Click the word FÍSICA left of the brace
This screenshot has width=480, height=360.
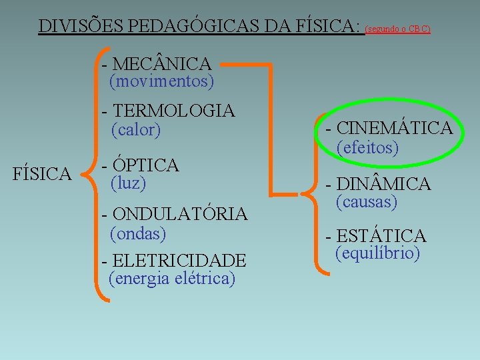click(x=43, y=175)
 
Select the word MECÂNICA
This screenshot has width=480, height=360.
click(x=163, y=64)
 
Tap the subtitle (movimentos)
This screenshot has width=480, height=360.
click(x=162, y=81)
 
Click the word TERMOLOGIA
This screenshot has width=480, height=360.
click(x=174, y=111)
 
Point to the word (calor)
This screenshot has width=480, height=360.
click(x=136, y=129)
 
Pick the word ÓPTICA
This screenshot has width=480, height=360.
click(x=145, y=165)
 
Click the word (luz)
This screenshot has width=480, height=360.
click(x=128, y=183)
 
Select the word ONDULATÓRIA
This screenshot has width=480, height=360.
click(x=180, y=214)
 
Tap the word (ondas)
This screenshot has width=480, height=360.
click(x=137, y=233)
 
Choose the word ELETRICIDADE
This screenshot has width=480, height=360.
click(x=179, y=260)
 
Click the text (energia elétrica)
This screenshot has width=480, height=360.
click(x=172, y=278)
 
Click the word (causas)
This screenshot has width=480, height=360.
click(x=367, y=201)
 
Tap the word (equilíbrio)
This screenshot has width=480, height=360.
click(x=377, y=253)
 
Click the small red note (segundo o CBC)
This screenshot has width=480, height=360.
click(x=398, y=29)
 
